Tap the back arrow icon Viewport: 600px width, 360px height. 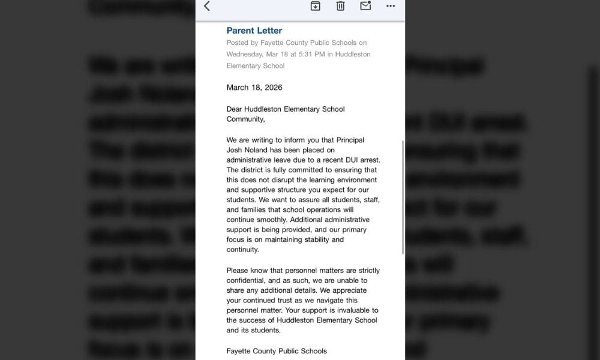click(x=207, y=6)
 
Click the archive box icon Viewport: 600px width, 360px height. click(x=316, y=6)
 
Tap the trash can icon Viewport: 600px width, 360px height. click(x=340, y=6)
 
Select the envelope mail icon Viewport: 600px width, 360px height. click(x=365, y=6)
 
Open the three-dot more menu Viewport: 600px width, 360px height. click(x=391, y=6)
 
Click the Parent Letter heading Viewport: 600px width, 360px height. click(x=254, y=31)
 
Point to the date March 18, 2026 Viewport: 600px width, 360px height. click(x=254, y=88)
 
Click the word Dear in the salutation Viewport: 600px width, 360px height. click(x=236, y=109)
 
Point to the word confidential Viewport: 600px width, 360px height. click(x=248, y=280)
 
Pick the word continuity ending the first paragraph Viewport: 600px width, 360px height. click(x=242, y=249)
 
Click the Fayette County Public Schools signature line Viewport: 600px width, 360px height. click(x=277, y=351)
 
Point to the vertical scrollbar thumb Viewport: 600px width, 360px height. click(x=403, y=198)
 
